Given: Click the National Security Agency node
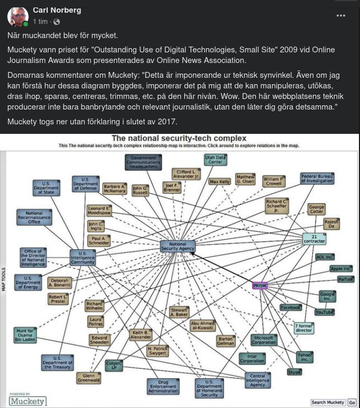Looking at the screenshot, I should [x=178, y=246].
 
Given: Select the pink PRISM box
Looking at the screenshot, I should [x=259, y=286].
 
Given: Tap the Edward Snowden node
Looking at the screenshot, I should [x=99, y=340].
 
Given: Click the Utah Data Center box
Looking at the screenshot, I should [x=215, y=160].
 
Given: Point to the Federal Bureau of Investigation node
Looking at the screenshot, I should [x=317, y=178].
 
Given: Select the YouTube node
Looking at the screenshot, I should [x=325, y=312].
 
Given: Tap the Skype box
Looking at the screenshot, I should [x=294, y=372].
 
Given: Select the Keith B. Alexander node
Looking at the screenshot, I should [x=140, y=334].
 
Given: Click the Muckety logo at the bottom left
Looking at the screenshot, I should [x=27, y=400].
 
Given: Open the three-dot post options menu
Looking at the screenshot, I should [x=341, y=15].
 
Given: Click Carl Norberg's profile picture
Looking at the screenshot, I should [x=17, y=16].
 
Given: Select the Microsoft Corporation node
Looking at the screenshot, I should [x=264, y=340].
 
